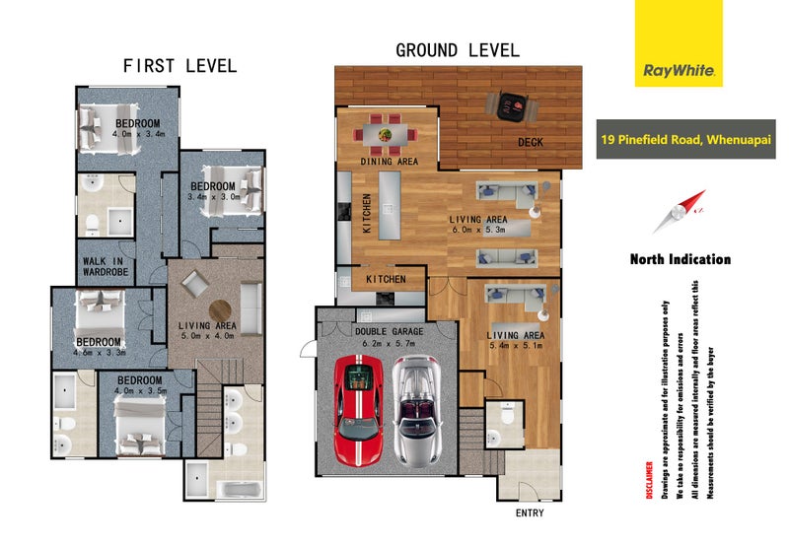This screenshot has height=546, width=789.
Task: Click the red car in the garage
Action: tap(358, 411)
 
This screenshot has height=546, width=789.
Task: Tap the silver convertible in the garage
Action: tap(416, 411)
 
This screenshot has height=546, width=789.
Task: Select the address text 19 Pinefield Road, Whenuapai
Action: tap(685, 139)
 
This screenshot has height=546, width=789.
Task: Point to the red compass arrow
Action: tap(680, 212)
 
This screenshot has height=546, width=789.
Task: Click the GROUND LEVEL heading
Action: tap(458, 50)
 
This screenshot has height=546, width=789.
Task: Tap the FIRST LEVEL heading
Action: tap(179, 66)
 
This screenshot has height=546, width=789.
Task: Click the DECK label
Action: tap(531, 142)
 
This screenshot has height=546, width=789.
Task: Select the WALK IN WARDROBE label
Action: tap(106, 266)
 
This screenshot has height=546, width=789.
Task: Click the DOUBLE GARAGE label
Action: tap(389, 331)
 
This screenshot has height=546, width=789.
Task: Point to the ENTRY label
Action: tap(530, 512)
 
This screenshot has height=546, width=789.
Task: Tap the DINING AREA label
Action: tap(389, 162)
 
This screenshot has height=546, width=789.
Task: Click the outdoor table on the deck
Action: tap(511, 106)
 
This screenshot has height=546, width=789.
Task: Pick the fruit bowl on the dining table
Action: tap(386, 135)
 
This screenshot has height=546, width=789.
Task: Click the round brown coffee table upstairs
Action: tap(220, 310)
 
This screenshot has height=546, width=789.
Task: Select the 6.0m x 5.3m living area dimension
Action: tap(478, 230)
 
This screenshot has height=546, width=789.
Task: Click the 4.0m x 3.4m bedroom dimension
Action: tap(138, 134)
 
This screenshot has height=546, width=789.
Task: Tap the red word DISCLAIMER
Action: tap(650, 480)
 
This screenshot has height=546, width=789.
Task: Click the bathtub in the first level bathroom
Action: tap(239, 489)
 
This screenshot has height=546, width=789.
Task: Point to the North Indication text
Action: tap(681, 259)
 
